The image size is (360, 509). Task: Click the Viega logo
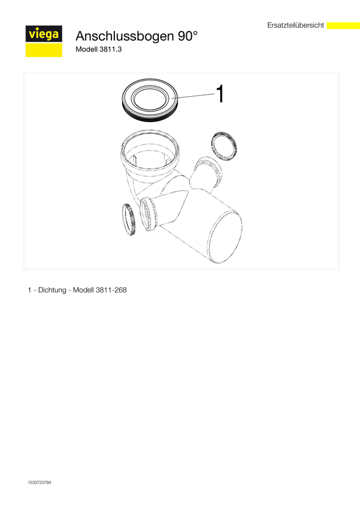[44, 41]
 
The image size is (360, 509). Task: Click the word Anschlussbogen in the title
[125, 36]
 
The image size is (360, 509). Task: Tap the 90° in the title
[187, 36]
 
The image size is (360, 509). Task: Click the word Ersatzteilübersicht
[295, 25]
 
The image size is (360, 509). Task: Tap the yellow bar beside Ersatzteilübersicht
[343, 25]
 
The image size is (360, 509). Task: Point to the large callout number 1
[220, 94]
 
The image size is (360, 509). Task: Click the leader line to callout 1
[193, 96]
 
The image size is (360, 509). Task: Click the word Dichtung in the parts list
[52, 290]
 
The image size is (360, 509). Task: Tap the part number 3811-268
[111, 290]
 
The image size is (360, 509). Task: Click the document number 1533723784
[39, 482]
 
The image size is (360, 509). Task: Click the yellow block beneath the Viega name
[44, 50]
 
